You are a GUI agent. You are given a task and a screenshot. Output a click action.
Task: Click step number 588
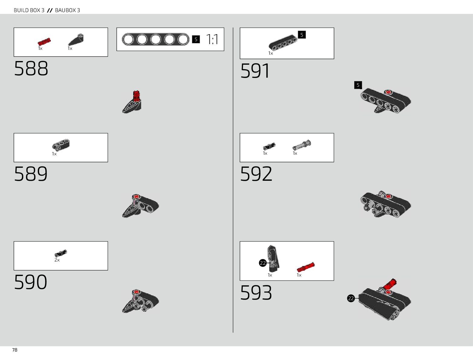coord(31,69)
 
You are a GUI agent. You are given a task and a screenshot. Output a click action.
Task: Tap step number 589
coord(31,174)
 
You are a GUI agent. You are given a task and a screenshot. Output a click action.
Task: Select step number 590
coord(31,282)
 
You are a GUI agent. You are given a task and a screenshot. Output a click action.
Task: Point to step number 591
coord(255,71)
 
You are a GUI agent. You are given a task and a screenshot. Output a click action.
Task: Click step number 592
coord(256,174)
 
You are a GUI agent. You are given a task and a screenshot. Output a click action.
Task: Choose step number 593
coord(256,293)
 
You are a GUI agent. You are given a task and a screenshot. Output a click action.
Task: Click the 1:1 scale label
coord(212,39)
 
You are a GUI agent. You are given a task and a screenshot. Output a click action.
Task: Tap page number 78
coord(15,350)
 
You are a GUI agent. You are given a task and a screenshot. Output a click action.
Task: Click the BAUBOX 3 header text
coord(67,10)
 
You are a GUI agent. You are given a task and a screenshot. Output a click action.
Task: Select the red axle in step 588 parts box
coord(44,42)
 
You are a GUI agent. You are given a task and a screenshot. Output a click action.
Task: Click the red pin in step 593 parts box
coord(306,267)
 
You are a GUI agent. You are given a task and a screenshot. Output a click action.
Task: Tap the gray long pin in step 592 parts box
coord(302,145)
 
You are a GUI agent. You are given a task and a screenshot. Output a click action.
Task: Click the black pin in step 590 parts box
coord(61,253)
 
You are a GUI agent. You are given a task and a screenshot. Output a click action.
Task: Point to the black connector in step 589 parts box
coord(61,145)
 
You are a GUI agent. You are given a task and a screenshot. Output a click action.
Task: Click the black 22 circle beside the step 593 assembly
coord(351,298)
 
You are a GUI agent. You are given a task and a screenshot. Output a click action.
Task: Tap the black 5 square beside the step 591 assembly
coord(358,85)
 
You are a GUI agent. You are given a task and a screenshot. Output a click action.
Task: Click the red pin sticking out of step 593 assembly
coord(390,284)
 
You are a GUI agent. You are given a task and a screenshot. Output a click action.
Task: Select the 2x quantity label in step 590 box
coord(57,260)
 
